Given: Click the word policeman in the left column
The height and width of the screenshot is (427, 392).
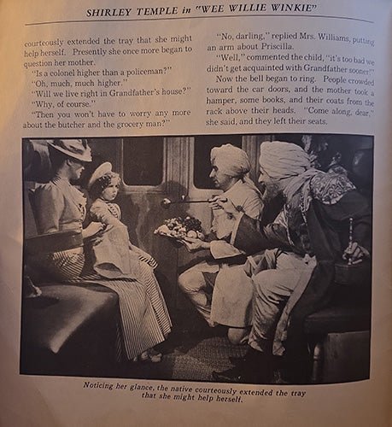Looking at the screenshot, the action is pos(132,73).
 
